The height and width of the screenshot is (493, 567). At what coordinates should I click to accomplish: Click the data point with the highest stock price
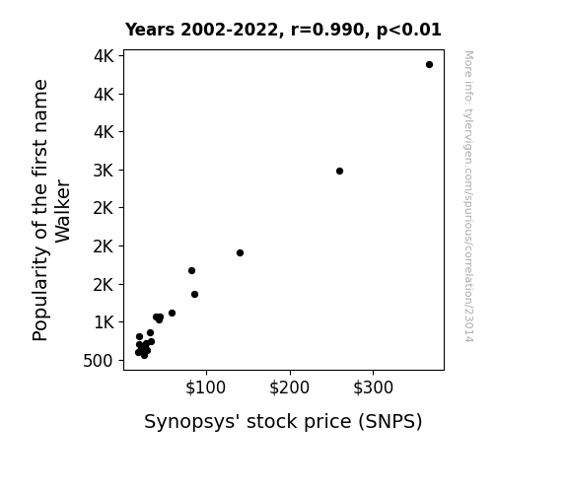point(429,65)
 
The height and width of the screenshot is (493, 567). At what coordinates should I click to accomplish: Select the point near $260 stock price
point(339,172)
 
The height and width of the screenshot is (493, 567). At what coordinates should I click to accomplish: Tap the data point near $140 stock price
point(240,252)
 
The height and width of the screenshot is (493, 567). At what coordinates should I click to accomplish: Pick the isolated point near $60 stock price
point(173,313)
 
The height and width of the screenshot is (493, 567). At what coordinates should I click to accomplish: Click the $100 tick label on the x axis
point(206,387)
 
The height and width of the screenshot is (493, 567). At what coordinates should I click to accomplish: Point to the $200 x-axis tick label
point(289,387)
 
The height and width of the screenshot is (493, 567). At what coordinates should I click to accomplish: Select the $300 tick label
point(373,387)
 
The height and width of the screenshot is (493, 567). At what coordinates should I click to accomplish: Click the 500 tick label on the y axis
point(98,361)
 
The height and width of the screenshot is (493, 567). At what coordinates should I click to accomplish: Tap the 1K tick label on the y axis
point(104,322)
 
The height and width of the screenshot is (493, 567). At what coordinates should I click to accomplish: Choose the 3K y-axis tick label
point(104,171)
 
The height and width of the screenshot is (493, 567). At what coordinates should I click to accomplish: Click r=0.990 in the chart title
point(327,30)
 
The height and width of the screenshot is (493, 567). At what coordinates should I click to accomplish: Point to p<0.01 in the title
point(409,31)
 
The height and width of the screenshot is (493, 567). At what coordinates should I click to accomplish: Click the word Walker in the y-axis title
point(62,211)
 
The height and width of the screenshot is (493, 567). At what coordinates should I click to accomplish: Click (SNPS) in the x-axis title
point(390,422)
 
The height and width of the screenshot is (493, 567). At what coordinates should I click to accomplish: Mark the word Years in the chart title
point(150,30)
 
